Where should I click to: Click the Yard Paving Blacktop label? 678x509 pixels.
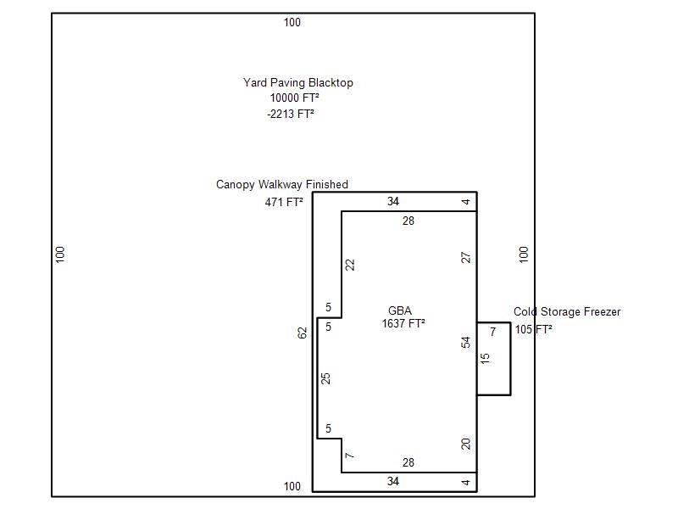tap(297, 83)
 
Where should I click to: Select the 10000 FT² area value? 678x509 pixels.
tap(294, 98)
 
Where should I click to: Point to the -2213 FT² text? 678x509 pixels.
tap(291, 114)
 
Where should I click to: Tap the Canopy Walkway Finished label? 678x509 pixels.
tap(281, 185)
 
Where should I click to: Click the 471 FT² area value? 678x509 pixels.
tap(284, 203)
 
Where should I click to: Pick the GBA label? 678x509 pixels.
tap(400, 311)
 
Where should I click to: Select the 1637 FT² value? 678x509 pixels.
tap(403, 323)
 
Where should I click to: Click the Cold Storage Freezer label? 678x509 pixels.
tap(567, 312)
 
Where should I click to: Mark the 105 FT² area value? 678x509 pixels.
tap(533, 330)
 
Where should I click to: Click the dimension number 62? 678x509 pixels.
tap(303, 333)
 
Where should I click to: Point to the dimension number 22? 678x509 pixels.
tap(350, 265)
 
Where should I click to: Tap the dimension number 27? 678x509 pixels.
tap(466, 257)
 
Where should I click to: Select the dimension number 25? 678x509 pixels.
tap(325, 378)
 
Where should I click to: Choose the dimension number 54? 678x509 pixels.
tap(466, 343)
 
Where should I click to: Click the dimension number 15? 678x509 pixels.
tap(485, 359)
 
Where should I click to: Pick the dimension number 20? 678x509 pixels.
tap(466, 444)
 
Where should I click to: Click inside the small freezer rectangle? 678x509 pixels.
tap(498, 373)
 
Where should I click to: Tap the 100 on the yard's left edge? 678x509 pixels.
tap(60, 254)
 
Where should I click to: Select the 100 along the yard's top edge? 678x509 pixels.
tap(292, 23)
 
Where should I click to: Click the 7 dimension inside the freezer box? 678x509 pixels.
tap(493, 333)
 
